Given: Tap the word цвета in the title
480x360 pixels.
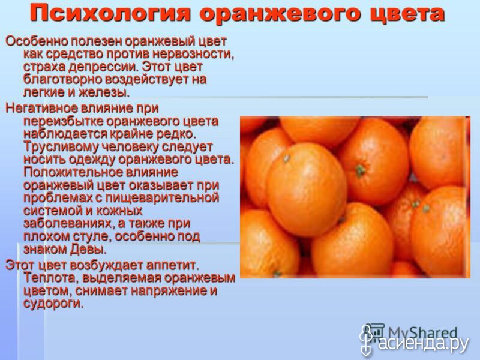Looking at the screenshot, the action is click(407, 14).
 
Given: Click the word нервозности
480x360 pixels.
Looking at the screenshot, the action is click(193, 54).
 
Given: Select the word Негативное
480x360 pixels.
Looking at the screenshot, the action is click(41, 109).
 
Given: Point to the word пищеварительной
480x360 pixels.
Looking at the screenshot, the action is click(162, 198).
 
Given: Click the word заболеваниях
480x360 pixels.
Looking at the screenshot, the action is click(68, 223).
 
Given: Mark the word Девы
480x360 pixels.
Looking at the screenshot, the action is click(88, 249).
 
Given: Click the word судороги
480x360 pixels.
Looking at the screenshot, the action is click(53, 304).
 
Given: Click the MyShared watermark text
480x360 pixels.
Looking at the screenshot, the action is click(422, 333).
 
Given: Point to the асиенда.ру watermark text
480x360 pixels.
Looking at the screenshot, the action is click(424, 343).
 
